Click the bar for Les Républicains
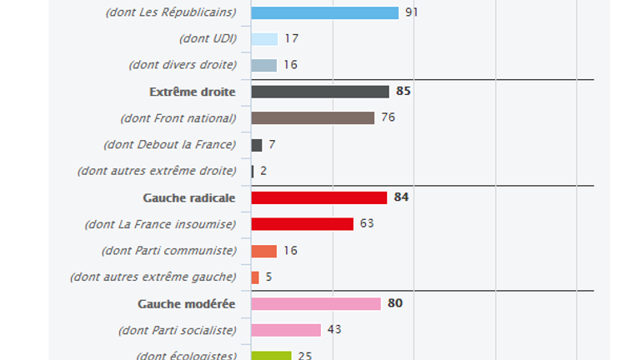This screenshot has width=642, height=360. pos(324,12)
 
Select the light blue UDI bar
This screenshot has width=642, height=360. pos(264,39)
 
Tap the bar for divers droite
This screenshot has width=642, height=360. pos(263,65)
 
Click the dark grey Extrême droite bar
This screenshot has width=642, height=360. pos(320,92)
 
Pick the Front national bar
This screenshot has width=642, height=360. pos(313,117)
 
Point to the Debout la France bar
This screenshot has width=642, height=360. pos(257,145)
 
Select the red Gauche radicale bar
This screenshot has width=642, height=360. pos(319,197)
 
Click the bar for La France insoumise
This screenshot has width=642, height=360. pos(303,224)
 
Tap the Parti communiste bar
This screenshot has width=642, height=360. pos(263,251)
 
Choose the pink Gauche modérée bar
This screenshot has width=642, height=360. pos(316,303)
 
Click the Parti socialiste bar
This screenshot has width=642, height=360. pos(286,330)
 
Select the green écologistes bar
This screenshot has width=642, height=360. pos(271,356)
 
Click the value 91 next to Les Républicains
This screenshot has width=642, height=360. pos(412,12)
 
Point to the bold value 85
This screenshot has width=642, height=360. pos(404,92)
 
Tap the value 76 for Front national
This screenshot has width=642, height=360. pos(389,117)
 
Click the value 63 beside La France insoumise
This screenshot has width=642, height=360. pos(368,224)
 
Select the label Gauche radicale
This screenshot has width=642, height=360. pos(189,197)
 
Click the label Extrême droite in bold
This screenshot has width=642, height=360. pos(193,92)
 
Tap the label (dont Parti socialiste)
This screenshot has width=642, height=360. pos(178,330)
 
